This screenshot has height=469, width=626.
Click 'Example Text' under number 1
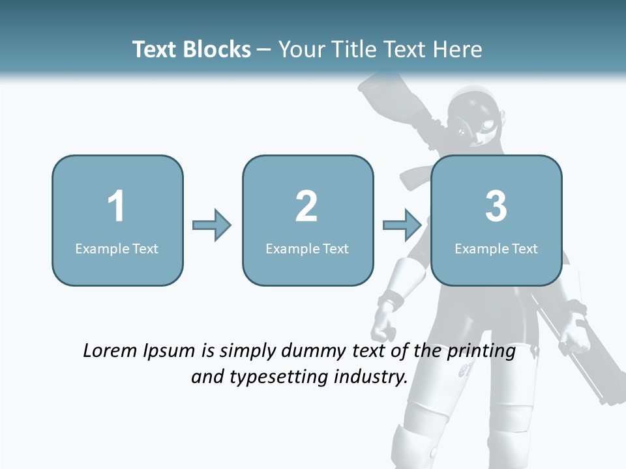click(x=117, y=248)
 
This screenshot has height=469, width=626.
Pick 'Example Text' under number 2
click(x=307, y=248)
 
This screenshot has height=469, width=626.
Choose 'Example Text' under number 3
click(x=496, y=248)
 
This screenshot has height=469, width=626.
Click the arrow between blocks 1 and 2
click(x=212, y=225)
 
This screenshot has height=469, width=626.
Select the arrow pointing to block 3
click(x=402, y=225)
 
